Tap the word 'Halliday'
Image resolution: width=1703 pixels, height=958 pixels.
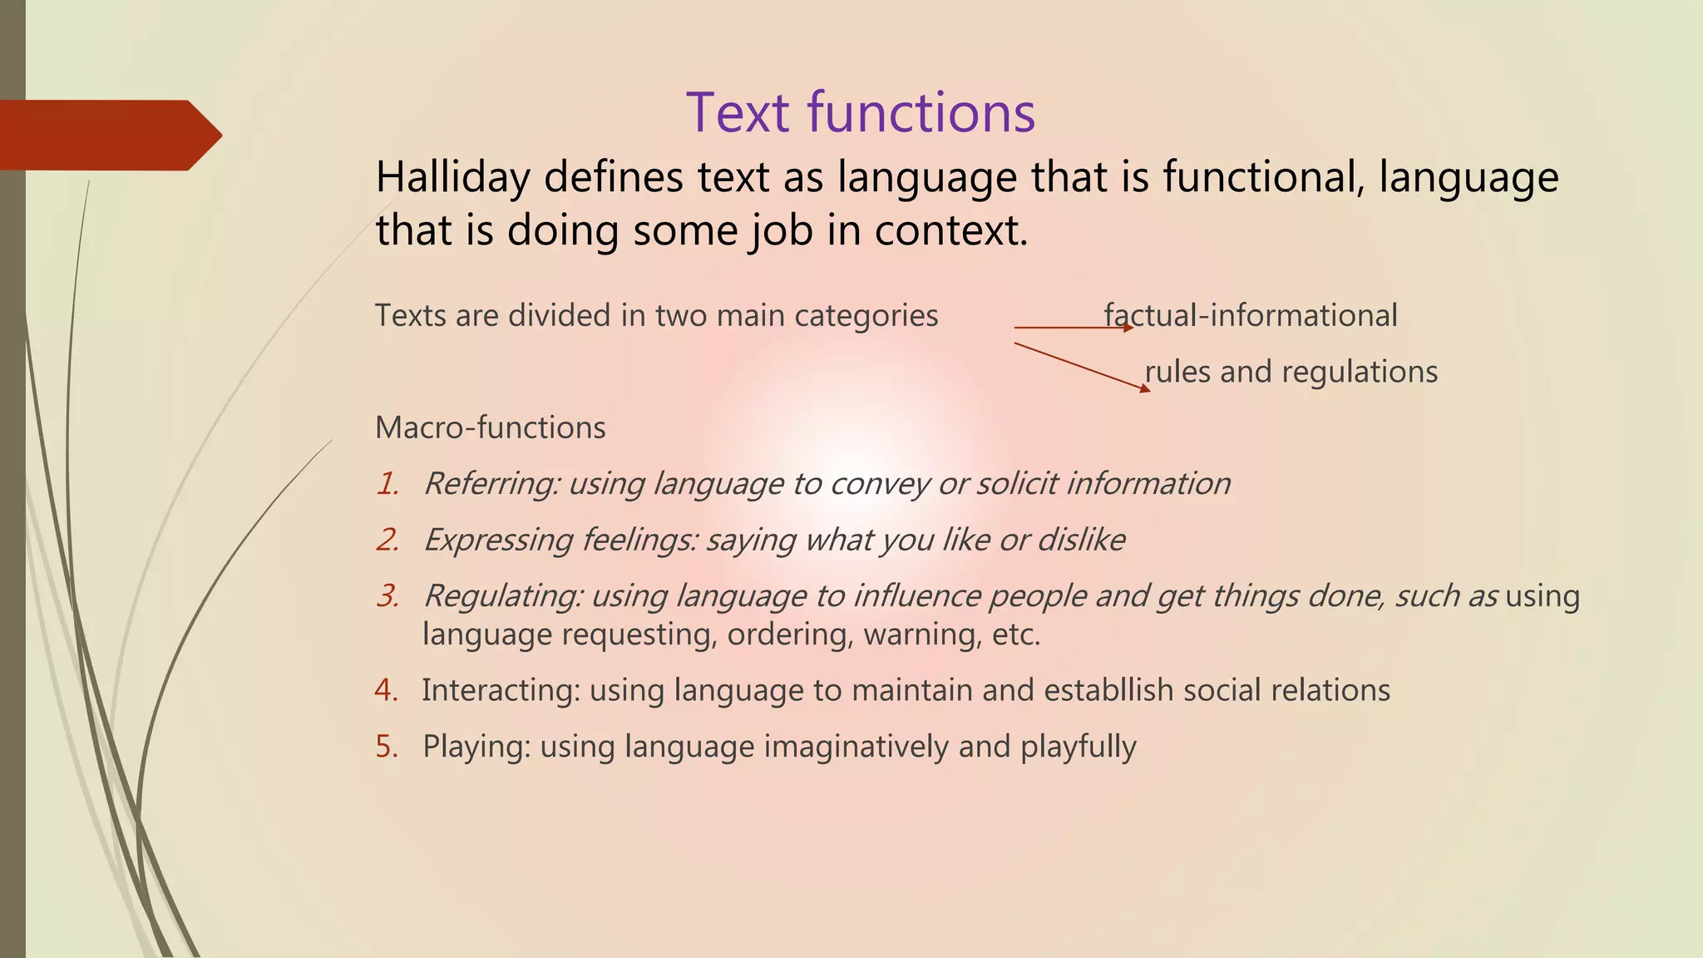[x=452, y=178]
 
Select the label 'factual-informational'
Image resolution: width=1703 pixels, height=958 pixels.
[x=1251, y=316]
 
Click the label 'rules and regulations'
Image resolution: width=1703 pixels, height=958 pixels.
[x=1291, y=372]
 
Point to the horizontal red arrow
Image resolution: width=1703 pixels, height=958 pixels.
[x=1073, y=328]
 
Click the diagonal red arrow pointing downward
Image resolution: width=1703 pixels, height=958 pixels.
[x=1081, y=366]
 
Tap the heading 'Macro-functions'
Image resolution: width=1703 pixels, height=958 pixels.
[x=490, y=427]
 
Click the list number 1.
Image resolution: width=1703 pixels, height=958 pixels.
[x=387, y=484]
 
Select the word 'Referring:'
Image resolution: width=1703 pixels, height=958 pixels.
[x=491, y=484]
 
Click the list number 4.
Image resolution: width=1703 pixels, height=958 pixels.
[x=386, y=690]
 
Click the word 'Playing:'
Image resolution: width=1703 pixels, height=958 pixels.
[x=476, y=747]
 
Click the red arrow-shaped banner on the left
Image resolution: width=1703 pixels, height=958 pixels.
[x=108, y=135]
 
